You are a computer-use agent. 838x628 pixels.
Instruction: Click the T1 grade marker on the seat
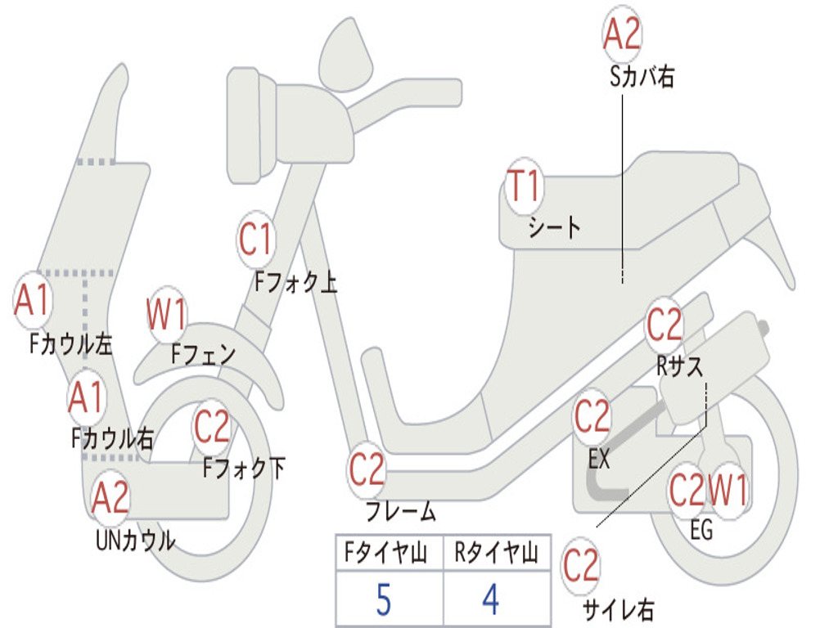click(524, 186)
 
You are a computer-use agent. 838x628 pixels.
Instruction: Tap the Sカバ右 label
click(642, 78)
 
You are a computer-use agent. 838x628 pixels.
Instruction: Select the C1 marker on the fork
click(255, 239)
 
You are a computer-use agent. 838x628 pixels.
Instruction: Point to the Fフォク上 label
click(295, 283)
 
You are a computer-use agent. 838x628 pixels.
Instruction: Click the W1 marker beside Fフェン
click(167, 314)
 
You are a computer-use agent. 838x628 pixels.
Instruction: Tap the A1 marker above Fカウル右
click(86, 397)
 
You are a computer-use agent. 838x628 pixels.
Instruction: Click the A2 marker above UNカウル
click(110, 497)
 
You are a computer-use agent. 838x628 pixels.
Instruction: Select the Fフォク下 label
click(244, 468)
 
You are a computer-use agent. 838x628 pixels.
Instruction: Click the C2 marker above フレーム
click(367, 469)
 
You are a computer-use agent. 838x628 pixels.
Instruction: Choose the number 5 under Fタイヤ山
click(383, 600)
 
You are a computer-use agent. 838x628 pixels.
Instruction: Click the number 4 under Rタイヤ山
click(490, 600)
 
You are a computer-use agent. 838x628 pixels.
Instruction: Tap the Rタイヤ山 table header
click(496, 554)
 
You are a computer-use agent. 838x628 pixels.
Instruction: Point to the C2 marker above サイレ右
click(581, 566)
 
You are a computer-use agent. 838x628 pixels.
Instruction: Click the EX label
click(599, 460)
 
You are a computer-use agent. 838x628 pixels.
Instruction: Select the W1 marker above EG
click(728, 491)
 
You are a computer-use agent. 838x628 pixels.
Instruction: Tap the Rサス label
click(679, 367)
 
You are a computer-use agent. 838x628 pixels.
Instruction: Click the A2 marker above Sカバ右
click(622, 34)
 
